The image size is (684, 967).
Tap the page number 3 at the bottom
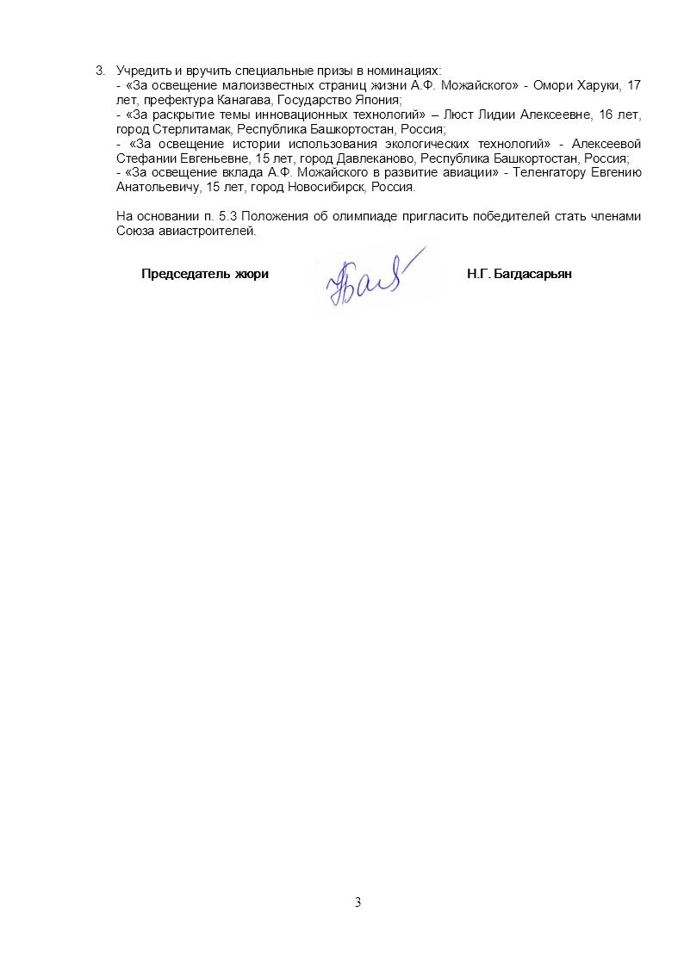coord(358,902)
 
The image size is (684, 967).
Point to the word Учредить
coord(140,70)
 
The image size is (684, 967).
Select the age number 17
coord(633,85)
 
